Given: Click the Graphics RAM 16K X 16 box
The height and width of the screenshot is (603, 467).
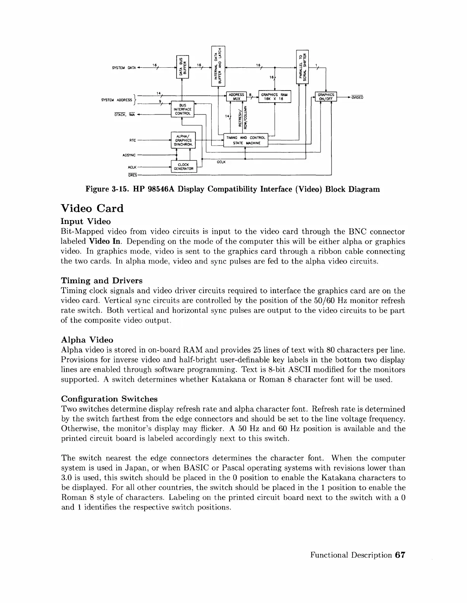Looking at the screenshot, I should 274,97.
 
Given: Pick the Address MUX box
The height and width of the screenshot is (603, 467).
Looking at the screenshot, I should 236,97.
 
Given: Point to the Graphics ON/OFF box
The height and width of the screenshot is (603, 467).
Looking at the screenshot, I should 326,97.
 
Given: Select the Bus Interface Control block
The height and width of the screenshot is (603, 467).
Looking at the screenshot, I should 183,109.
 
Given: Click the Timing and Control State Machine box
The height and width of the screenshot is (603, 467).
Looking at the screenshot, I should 245,140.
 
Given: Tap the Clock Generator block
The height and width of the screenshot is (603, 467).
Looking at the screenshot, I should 184,167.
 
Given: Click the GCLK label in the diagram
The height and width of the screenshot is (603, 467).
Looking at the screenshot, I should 221,162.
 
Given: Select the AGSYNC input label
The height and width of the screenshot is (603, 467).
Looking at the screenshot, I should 129,155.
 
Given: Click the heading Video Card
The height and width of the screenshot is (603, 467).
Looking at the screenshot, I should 92,209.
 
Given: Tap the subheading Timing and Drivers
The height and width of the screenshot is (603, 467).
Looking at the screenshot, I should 102,281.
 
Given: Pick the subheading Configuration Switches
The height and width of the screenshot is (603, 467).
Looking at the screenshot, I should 109,399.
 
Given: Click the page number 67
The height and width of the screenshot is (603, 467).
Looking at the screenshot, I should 400,555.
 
